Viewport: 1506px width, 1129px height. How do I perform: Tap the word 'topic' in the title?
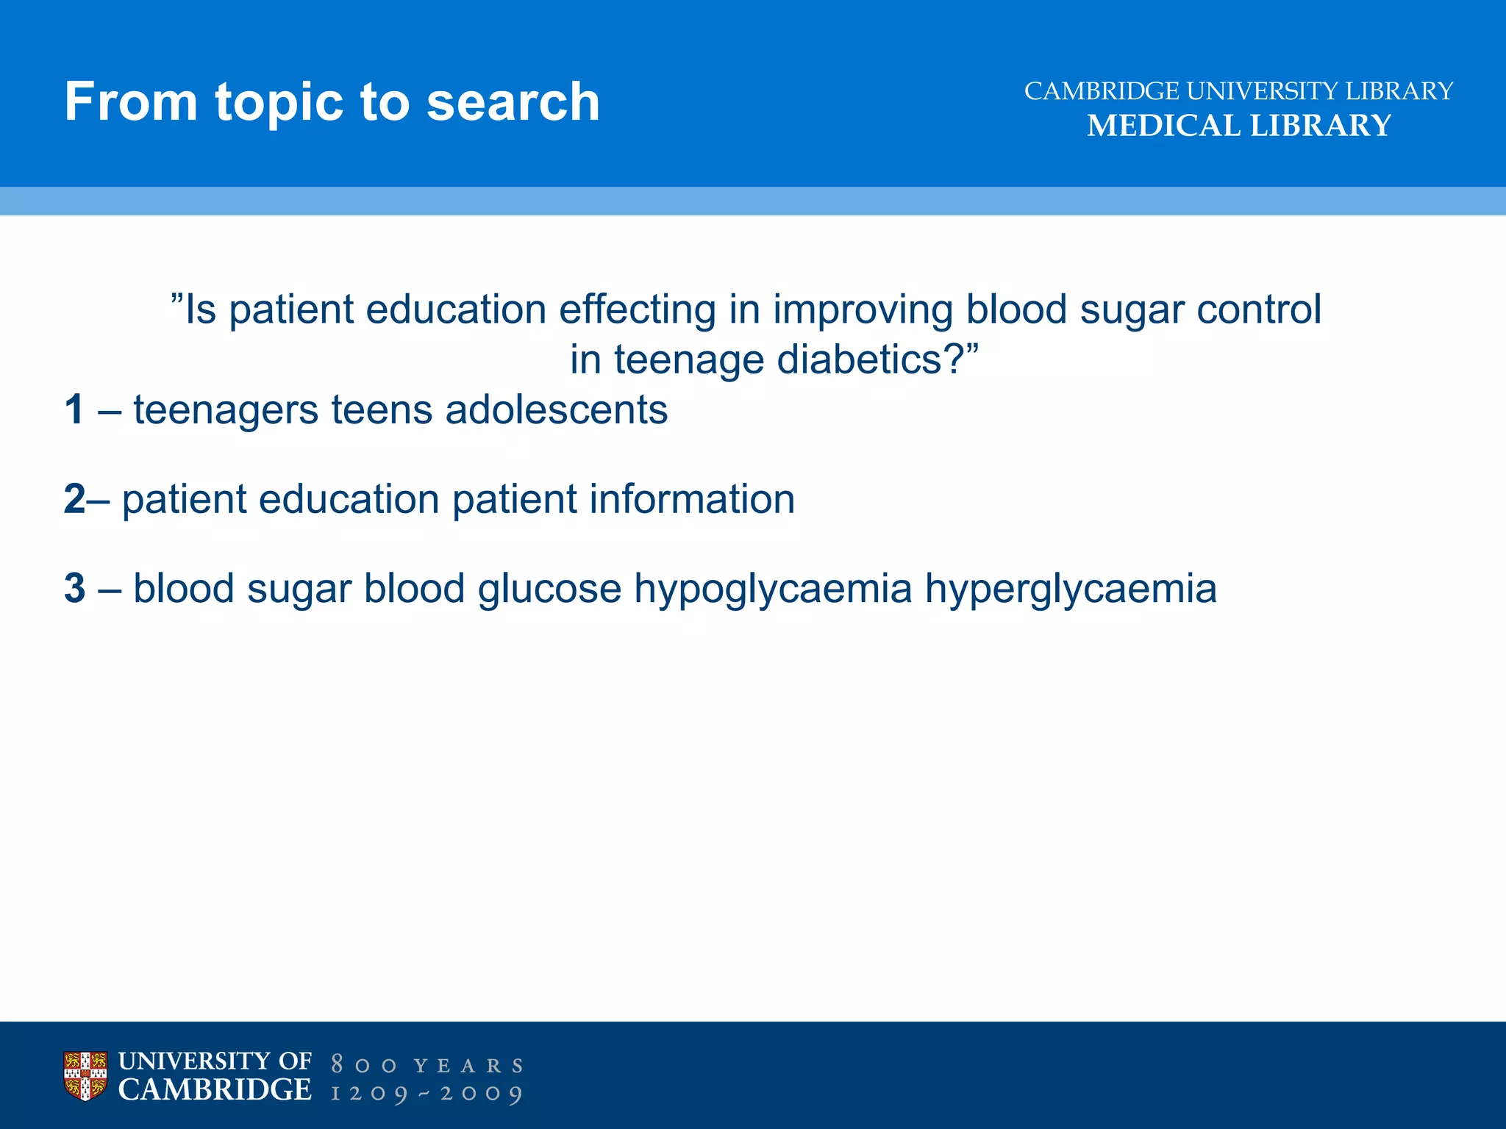pyautogui.click(x=279, y=103)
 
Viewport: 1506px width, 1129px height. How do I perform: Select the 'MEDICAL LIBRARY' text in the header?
pyautogui.click(x=1239, y=126)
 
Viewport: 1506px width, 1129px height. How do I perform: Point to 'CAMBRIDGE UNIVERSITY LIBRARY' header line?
pyautogui.click(x=1239, y=91)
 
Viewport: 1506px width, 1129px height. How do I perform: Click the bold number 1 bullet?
pyautogui.click(x=74, y=409)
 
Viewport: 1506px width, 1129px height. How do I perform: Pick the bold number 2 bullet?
pyautogui.click(x=74, y=499)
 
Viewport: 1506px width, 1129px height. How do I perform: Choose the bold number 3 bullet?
pyautogui.click(x=74, y=588)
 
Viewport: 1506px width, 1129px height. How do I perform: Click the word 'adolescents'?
pyautogui.click(x=557, y=409)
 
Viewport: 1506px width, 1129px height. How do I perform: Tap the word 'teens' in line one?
pyautogui.click(x=382, y=410)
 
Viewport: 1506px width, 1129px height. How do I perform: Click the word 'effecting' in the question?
pyautogui.click(x=638, y=309)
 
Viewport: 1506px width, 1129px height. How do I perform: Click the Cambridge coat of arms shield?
pyautogui.click(x=85, y=1075)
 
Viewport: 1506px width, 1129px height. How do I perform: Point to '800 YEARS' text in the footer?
pyautogui.click(x=427, y=1065)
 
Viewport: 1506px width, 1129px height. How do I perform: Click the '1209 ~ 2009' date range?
pyautogui.click(x=427, y=1094)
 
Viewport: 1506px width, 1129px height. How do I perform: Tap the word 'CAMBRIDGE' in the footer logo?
pyautogui.click(x=215, y=1090)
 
